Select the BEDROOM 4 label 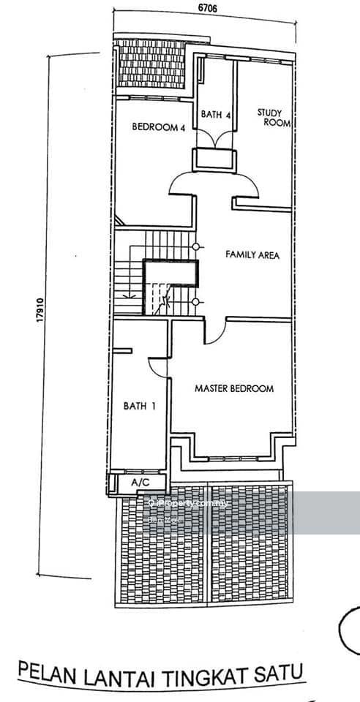tap(158, 127)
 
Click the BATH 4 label tap(216, 113)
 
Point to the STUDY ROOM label tap(274, 118)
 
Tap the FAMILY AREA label tap(252, 254)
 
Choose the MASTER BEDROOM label tap(234, 388)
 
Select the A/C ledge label tap(140, 483)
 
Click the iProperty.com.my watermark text tap(188, 503)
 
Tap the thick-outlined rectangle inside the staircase tap(171, 273)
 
